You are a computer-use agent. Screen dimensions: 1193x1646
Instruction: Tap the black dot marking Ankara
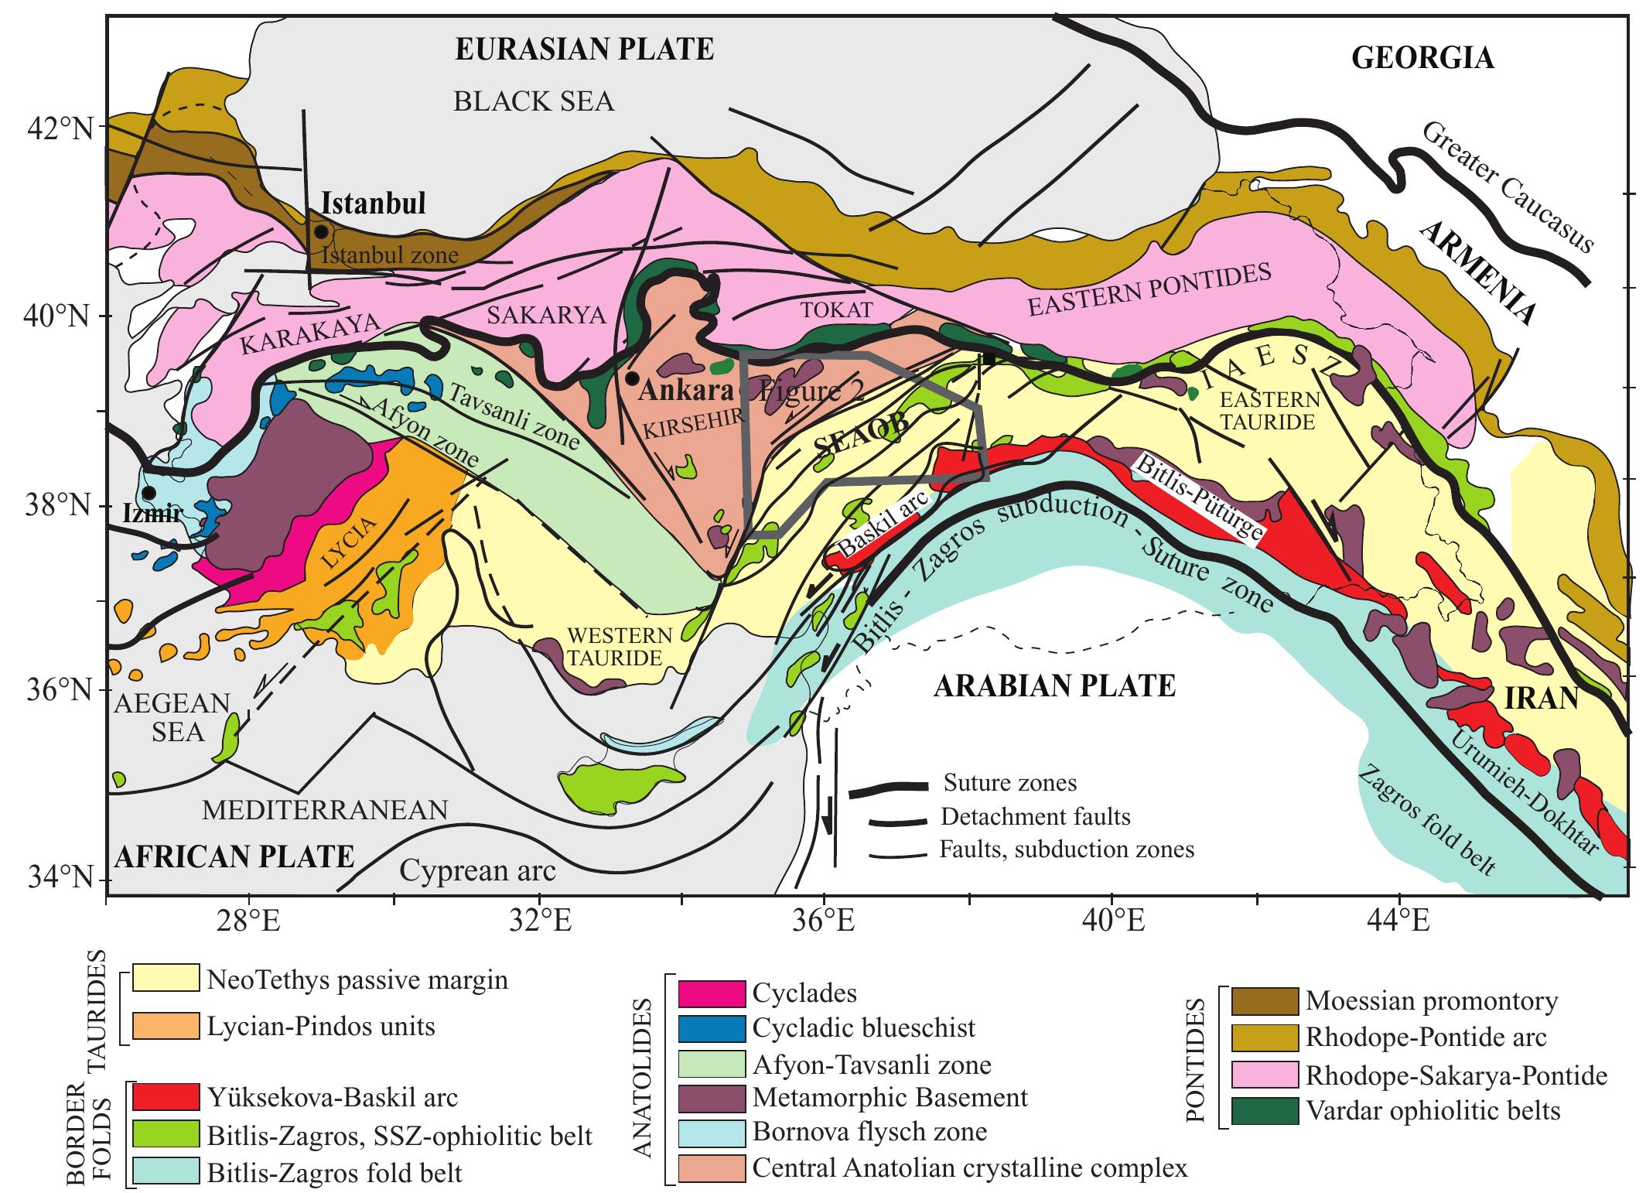632,378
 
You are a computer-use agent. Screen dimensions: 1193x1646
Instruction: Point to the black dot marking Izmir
149,493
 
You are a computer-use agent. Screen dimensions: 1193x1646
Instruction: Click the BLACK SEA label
534,101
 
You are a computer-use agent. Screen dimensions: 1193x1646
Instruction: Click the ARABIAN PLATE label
1055,686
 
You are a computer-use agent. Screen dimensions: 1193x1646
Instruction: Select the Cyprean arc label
477,871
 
